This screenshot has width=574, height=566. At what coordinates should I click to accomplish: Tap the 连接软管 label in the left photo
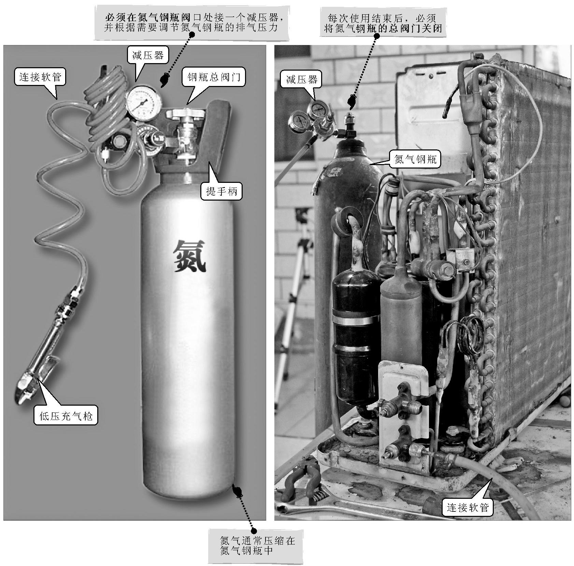click(x=40, y=77)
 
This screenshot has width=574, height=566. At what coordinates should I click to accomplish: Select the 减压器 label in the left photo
click(x=148, y=55)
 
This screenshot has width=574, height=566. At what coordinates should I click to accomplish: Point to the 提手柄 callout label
click(x=221, y=191)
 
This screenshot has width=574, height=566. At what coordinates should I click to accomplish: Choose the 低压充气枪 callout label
click(x=66, y=416)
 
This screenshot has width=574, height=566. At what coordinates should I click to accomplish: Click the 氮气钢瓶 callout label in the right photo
click(x=415, y=159)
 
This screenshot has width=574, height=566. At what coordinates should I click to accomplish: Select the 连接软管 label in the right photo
click(x=468, y=508)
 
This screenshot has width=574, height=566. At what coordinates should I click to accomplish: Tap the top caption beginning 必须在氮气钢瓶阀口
click(x=192, y=22)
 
